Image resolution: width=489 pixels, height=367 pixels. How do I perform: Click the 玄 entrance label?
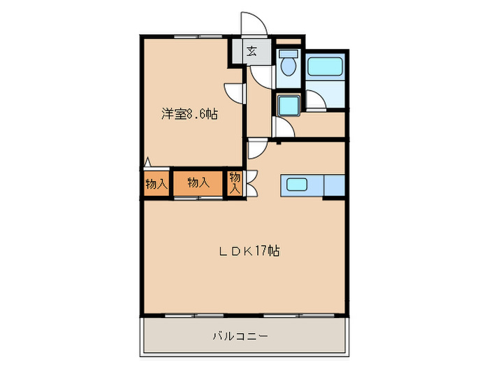(x=251, y=50)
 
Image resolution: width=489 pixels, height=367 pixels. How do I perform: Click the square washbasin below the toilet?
(x=287, y=106)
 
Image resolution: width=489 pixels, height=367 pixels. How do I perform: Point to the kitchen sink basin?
(x=295, y=186)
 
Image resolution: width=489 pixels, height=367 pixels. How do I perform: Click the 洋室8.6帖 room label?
(x=190, y=114)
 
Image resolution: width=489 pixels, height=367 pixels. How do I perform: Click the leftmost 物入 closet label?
(x=156, y=184)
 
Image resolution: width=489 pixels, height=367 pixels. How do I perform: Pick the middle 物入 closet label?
(x=198, y=182)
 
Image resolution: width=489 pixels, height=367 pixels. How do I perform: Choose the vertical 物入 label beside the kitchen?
(x=235, y=182)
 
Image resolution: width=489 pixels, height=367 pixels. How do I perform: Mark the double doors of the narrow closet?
(x=251, y=183)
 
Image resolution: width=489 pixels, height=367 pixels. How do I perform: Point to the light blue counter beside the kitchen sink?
(x=334, y=186)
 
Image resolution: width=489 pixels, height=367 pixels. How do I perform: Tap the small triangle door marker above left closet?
(x=147, y=163)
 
